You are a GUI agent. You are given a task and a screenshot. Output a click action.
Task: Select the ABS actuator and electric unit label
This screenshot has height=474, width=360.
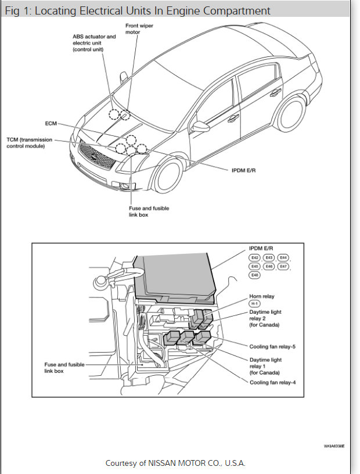coord(94,43)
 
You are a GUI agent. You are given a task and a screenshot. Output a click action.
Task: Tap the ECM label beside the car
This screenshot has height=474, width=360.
coord(51,123)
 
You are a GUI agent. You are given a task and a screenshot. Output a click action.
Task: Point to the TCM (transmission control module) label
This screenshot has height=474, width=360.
coord(29,142)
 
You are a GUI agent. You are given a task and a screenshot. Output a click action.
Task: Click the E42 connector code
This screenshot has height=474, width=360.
coord(255,257)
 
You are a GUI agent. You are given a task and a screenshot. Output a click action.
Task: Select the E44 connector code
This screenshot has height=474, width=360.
coord(283,257)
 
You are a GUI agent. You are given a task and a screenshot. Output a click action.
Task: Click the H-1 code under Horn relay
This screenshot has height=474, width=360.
coord(255,304)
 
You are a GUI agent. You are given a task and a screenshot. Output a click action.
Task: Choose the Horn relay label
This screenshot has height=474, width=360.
coord(262,296)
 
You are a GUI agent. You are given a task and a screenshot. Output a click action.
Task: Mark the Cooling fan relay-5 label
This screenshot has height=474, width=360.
coord(273,347)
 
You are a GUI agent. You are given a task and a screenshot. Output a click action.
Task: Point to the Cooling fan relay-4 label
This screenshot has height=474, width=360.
coord(273,382)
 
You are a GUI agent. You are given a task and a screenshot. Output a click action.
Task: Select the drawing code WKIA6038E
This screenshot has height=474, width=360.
coord(334,447)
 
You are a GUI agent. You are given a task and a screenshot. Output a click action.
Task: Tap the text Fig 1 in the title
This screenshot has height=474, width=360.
coord(17,11)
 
